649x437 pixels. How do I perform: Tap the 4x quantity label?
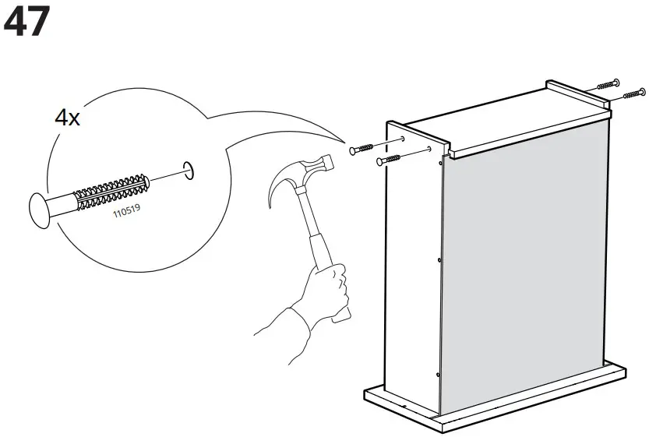67,118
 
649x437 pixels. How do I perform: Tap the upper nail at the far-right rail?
608,83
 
